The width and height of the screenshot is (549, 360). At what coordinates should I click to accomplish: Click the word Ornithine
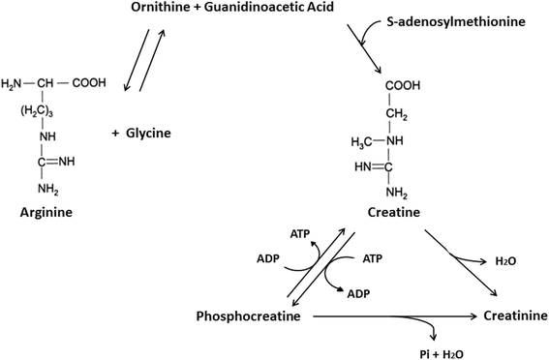[161, 7]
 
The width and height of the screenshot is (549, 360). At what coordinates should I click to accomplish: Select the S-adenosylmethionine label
[456, 21]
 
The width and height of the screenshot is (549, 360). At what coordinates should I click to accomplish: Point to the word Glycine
[148, 133]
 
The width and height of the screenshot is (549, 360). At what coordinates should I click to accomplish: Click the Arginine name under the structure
[46, 212]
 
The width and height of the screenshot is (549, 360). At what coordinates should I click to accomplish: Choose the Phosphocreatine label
[248, 315]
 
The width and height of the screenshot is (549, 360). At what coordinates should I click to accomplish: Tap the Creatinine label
[515, 315]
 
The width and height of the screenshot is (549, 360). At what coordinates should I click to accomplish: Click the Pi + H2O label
[442, 354]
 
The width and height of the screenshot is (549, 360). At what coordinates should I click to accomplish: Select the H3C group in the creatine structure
[362, 142]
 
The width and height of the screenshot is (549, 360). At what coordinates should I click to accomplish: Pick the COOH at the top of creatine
[403, 86]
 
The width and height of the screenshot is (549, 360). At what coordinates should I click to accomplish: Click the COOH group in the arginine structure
[89, 83]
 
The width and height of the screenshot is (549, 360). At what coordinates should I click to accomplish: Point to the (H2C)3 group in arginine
[37, 111]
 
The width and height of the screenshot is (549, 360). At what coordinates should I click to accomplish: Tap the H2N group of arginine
[12, 83]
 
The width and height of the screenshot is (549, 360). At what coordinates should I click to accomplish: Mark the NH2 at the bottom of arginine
[48, 190]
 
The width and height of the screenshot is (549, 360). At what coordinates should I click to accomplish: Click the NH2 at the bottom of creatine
[397, 193]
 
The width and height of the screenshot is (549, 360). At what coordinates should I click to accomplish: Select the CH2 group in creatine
[397, 114]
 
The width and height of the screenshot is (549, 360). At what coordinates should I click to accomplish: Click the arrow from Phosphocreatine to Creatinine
[395, 316]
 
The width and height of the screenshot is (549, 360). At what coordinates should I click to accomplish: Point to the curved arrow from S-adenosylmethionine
[370, 30]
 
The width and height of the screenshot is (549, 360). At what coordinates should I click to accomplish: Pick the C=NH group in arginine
[56, 162]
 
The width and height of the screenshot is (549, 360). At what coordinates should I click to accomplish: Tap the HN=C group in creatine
[373, 167]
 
